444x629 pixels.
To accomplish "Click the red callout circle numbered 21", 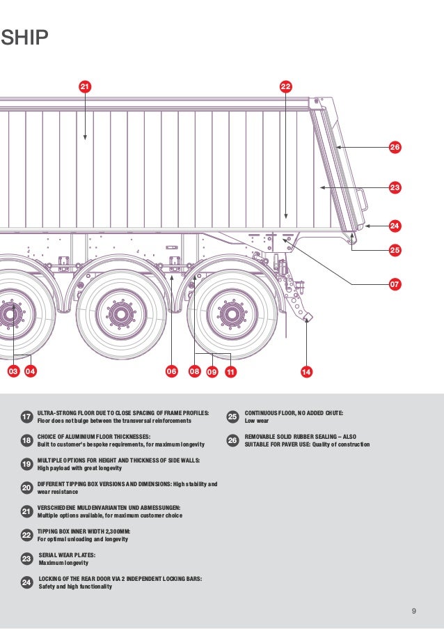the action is pos(84,86).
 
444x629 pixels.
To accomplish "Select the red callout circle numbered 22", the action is pos(285,86).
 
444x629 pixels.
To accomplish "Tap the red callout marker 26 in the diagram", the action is pos(395,148).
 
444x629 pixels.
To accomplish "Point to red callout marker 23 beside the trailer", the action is pos(395,187).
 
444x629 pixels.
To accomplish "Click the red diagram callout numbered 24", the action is pos(395,226).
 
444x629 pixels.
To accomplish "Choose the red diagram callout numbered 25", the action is pos(395,249).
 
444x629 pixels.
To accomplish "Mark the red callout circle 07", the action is pos(395,284).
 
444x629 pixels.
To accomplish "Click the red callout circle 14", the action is pos(306,371).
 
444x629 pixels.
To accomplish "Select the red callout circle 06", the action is pos(171,371).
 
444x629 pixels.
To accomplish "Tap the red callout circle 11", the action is pos(230,371).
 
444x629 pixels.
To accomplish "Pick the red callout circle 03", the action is pos(13,371).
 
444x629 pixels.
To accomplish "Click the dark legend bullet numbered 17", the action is pos(26,417).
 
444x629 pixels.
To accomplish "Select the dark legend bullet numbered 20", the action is pos(26,488).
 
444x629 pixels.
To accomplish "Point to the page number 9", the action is pos(414,612).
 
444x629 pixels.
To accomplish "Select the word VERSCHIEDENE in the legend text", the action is pos(58,508).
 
